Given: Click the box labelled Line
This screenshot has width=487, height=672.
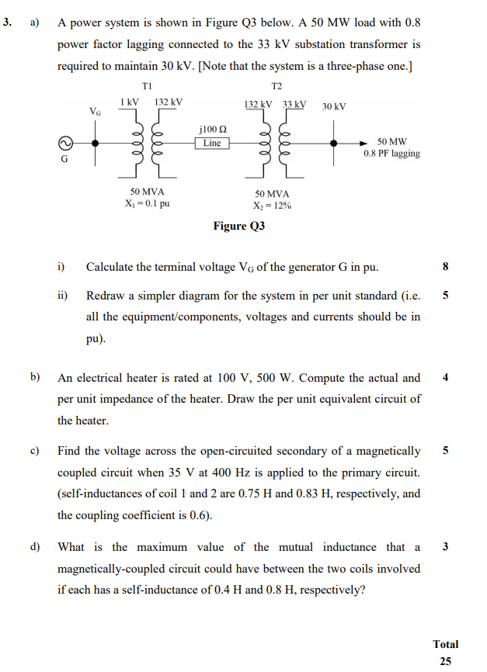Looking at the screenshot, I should (212, 144).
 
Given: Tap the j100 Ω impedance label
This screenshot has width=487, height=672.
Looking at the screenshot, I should (213, 130).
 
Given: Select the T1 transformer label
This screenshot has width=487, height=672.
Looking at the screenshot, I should (148, 85).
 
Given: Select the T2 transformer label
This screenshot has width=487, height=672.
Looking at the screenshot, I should (277, 85).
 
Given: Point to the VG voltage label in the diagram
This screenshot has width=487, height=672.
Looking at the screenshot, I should (95, 112).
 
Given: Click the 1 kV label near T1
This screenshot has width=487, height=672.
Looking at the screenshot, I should (129, 102).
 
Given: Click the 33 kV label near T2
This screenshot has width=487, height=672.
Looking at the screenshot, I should (294, 104).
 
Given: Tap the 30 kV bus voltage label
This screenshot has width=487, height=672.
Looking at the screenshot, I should (334, 106).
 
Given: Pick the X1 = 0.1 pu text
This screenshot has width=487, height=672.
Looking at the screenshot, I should (147, 204).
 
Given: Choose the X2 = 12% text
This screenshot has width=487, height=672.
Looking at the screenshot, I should (272, 206).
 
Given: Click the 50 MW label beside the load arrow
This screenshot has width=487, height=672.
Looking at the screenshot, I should (391, 142).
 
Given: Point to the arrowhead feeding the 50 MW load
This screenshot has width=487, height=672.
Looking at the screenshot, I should (371, 144).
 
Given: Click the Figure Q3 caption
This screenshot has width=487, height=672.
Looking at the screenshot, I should (239, 227).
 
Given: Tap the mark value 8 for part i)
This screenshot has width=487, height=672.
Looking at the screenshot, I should (445, 268).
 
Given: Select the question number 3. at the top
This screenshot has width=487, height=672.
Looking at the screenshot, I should (7, 23).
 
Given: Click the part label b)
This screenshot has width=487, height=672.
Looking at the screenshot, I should (35, 378).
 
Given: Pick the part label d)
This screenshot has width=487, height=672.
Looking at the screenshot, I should (35, 547).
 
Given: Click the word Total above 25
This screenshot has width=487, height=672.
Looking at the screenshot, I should (446, 644).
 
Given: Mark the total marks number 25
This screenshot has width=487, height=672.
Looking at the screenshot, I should (446, 661).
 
